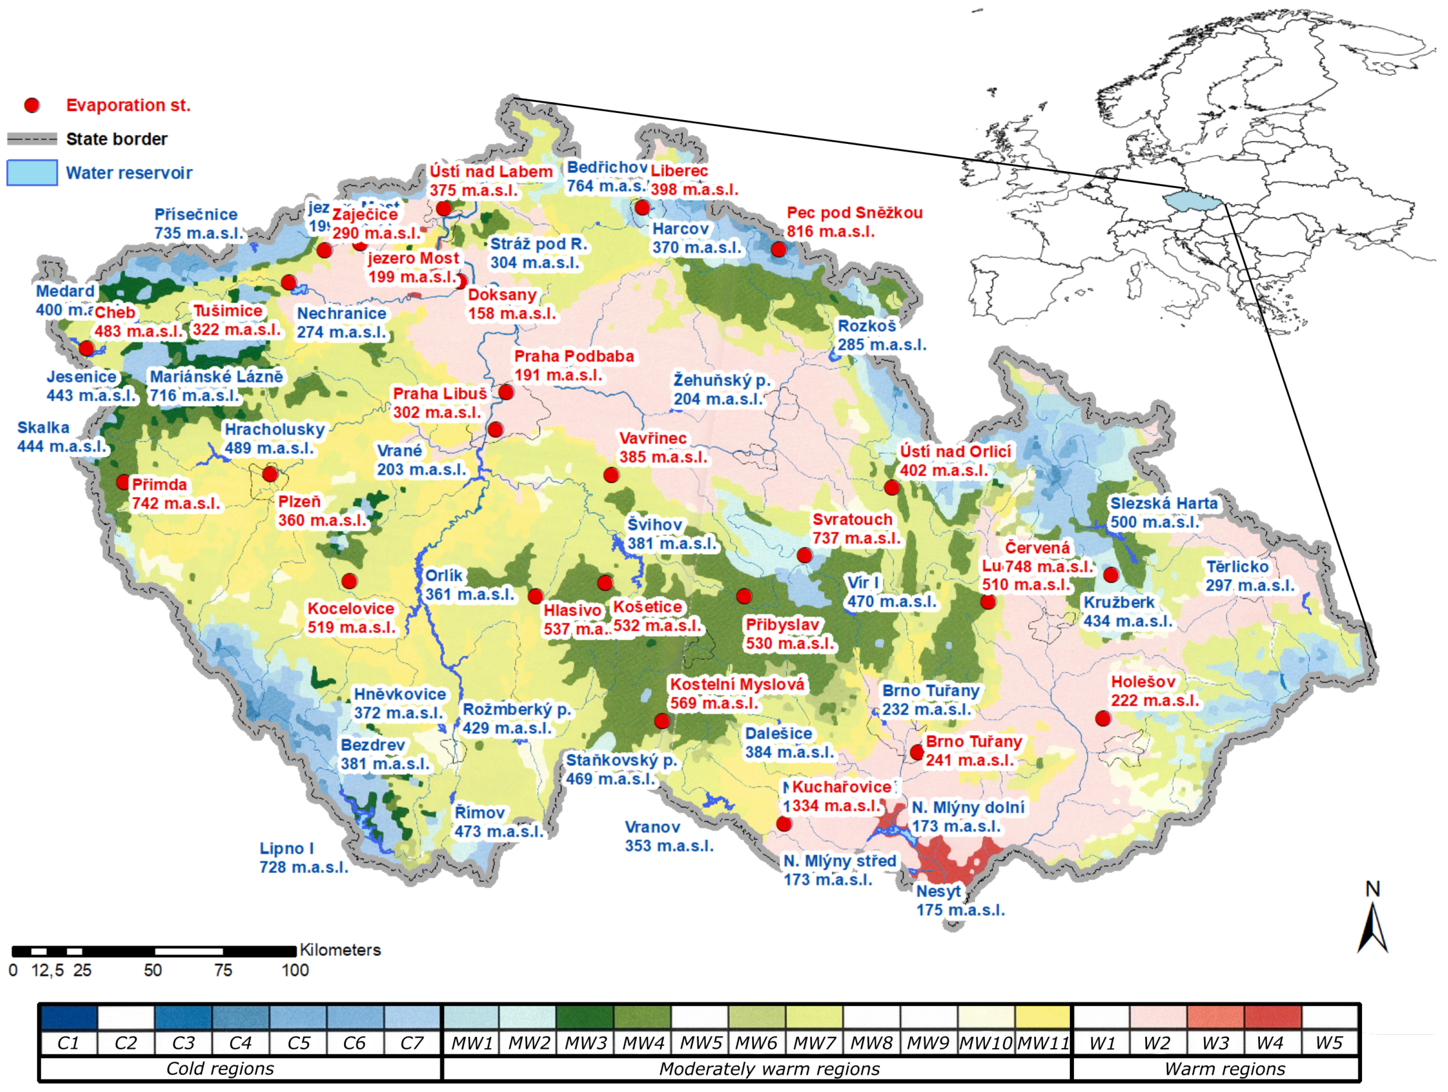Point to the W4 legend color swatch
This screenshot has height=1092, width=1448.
click(1272, 1017)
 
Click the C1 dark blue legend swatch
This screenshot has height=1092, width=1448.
click(68, 1017)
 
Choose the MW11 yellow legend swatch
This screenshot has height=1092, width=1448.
click(1043, 1017)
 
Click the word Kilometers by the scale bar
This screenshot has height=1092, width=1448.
click(340, 950)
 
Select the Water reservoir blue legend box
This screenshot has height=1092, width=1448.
click(32, 173)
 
